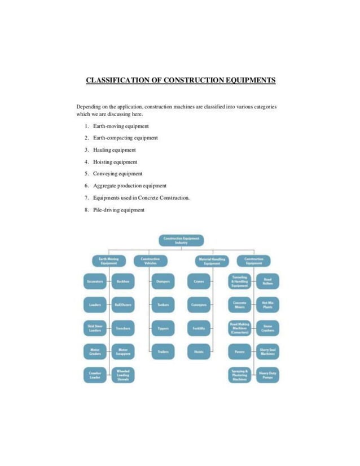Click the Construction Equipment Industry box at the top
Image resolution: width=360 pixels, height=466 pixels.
coord(181,240)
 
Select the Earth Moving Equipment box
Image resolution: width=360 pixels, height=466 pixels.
coord(109,261)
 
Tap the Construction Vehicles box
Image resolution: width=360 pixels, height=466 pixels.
coord(150,261)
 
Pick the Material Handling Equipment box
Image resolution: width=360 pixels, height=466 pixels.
coord(212,261)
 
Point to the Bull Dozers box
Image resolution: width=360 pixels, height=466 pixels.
coord(123,304)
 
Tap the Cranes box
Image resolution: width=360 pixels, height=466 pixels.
coord(199,280)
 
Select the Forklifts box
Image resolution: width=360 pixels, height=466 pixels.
coord(199,328)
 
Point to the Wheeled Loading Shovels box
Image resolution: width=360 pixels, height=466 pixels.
coord(123,375)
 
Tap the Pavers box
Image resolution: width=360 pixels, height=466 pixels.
coord(239,351)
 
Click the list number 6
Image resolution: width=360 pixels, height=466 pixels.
coord(86,186)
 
